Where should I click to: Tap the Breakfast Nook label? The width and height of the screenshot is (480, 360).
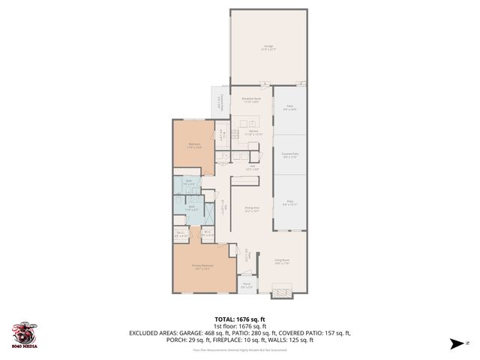[250, 100]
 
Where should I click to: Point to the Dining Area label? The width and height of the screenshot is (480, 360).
[251, 209]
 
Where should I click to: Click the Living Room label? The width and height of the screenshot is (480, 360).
[281, 262]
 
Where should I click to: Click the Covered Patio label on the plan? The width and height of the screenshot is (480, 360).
[290, 157]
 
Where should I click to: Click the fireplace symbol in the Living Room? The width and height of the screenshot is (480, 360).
[282, 291]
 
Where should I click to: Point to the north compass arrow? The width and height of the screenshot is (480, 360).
[454, 344]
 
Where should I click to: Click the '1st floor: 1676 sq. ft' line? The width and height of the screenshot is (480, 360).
[240, 327]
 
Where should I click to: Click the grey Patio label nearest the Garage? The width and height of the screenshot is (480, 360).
[289, 109]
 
